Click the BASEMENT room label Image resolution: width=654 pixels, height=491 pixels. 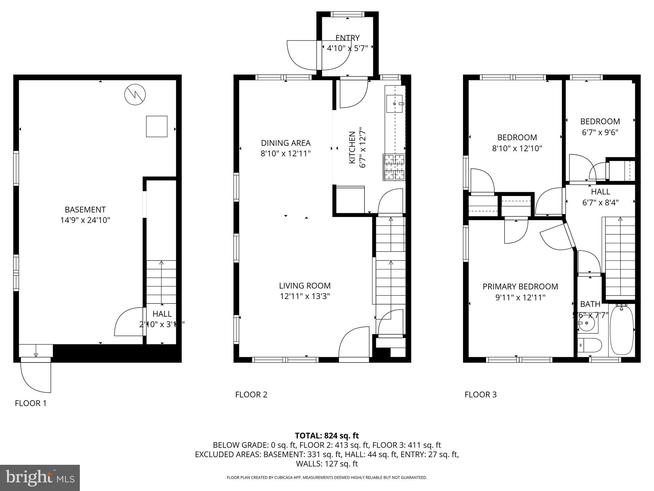[85, 210]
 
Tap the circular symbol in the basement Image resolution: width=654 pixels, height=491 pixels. [135, 94]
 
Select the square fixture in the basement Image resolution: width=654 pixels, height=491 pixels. [156, 127]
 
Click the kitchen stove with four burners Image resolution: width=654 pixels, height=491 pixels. [394, 167]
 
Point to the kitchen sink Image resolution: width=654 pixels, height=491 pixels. [395, 104]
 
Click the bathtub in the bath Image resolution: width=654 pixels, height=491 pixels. [621, 330]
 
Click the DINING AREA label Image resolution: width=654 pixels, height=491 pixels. [285, 143]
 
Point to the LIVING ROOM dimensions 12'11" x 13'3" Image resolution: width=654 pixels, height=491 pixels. [305, 296]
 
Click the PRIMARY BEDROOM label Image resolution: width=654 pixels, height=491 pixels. [520, 287]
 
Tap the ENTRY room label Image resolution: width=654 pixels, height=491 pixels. [347, 38]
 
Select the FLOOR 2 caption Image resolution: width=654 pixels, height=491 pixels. [251, 395]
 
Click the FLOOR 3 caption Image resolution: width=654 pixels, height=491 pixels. [480, 395]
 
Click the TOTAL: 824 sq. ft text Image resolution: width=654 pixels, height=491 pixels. [327, 436]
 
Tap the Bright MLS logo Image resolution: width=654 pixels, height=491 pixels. [40, 478]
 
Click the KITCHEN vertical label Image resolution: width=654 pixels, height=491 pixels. [352, 147]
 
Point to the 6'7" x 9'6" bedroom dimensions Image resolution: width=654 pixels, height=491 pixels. [600, 132]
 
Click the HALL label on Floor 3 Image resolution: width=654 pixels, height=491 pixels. [600, 192]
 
